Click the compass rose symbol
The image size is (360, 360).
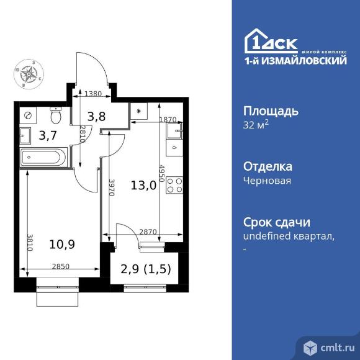pos(29,73)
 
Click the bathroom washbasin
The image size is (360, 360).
pos(25,134)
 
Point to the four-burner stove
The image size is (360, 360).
pos(174,185)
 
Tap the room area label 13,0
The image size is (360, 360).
pos(143,184)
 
